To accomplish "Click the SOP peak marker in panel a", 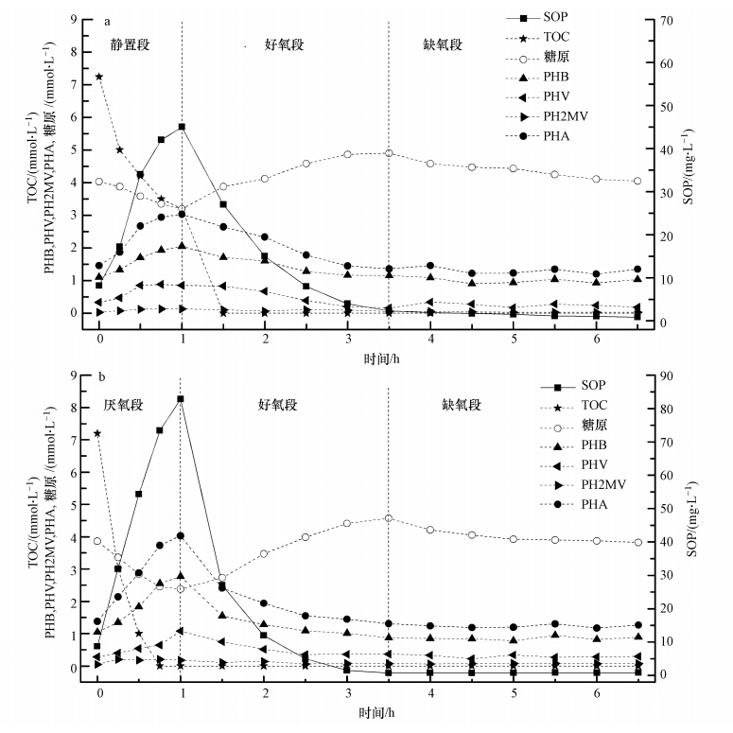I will [182, 127].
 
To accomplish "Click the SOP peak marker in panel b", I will [181, 399].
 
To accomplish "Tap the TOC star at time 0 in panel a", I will [99, 77].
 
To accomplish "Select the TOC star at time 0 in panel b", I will [98, 433].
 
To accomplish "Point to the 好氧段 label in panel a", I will [284, 44].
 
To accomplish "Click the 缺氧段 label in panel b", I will [462, 405].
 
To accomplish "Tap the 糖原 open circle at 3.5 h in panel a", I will [389, 153].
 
